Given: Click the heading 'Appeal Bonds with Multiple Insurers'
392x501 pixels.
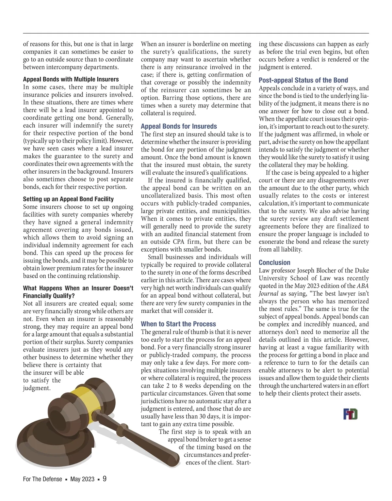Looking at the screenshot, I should pos(71,79).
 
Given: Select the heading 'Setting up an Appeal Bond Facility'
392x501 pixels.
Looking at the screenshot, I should pos(68,199).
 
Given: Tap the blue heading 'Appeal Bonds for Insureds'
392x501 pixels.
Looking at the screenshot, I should pos(179,126).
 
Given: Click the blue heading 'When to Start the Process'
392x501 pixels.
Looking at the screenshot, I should pos(178,324).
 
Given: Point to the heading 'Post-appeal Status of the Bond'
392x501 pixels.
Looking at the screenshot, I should pos(303,80).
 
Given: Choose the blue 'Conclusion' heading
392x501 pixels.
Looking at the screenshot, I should pos(274,263).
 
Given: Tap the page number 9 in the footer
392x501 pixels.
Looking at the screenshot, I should pos(105,479).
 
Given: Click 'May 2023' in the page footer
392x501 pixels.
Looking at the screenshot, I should pos(82,479).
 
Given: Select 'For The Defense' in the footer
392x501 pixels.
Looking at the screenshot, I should pos(42,479).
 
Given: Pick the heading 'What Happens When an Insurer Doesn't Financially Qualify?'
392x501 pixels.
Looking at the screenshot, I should pos(78,292).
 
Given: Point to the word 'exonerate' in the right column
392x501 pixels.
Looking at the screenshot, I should pos(272,242).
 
